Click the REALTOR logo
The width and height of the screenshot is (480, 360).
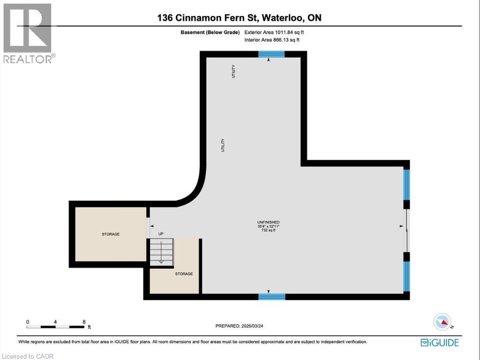point(28,33)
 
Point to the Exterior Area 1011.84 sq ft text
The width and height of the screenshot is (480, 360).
point(274,32)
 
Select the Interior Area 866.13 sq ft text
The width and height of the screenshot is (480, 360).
point(272,40)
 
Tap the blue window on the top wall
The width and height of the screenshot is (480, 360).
point(271,54)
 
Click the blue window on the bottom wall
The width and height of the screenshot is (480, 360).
point(272,296)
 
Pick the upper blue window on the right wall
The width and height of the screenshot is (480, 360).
point(406,185)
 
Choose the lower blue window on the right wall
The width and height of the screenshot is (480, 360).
point(406,277)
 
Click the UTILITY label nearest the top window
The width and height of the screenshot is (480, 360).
point(233,71)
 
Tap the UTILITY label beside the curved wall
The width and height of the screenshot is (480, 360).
point(223,145)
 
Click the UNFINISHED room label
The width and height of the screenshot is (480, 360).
point(268,222)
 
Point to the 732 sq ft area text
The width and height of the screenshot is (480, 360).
point(268,230)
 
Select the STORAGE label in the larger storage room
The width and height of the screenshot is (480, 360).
point(111,234)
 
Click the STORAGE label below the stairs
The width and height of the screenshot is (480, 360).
point(184,274)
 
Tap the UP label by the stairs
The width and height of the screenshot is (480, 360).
point(161,234)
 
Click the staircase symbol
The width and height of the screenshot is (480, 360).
point(162,252)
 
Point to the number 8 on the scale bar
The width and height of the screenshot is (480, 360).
point(84,322)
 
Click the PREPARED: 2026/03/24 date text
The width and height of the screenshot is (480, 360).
point(239,326)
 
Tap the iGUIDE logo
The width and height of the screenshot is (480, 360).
point(440,343)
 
